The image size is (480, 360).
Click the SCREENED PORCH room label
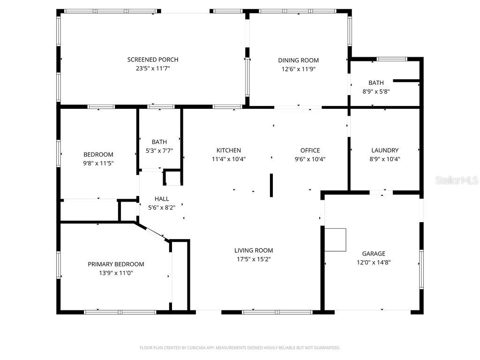(x=153, y=60)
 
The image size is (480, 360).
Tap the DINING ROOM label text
(x=298, y=60)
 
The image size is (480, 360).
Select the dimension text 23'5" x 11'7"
(x=153, y=68)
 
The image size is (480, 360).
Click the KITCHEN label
(x=228, y=150)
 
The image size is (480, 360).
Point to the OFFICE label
(x=310, y=150)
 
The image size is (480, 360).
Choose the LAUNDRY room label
(x=385, y=150)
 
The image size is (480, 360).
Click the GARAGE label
(x=374, y=254)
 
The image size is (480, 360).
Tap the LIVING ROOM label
(x=254, y=250)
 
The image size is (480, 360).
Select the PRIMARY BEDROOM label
(x=116, y=264)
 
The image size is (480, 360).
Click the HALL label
(x=161, y=199)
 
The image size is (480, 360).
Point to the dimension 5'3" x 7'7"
(x=159, y=150)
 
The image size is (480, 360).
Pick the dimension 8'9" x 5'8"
(x=376, y=91)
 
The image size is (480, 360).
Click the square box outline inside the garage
(x=336, y=240)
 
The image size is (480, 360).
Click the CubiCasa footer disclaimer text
(x=240, y=348)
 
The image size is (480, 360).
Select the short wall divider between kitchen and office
(x=271, y=185)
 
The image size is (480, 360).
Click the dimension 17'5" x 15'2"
(x=254, y=259)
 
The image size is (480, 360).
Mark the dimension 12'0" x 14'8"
(x=374, y=262)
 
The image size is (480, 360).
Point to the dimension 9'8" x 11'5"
(x=98, y=163)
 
